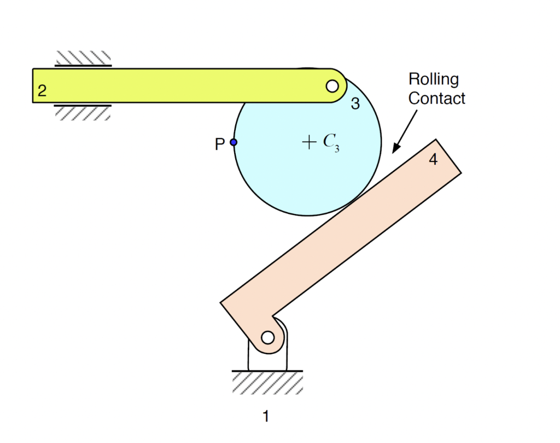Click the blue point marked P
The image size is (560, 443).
click(x=234, y=142)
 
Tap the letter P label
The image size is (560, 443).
click(x=220, y=145)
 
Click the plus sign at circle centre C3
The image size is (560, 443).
click(x=309, y=143)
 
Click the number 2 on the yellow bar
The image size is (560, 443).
click(x=42, y=91)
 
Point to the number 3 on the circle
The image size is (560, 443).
click(x=355, y=103)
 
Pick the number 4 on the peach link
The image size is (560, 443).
click(x=433, y=160)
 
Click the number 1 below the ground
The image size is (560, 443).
click(x=266, y=417)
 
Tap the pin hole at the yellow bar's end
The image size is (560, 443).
click(x=332, y=86)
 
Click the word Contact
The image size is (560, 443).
click(x=437, y=99)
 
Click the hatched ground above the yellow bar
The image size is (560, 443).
click(x=83, y=57)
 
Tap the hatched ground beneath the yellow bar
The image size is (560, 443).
click(x=83, y=113)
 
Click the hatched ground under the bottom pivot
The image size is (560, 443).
click(x=267, y=383)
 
